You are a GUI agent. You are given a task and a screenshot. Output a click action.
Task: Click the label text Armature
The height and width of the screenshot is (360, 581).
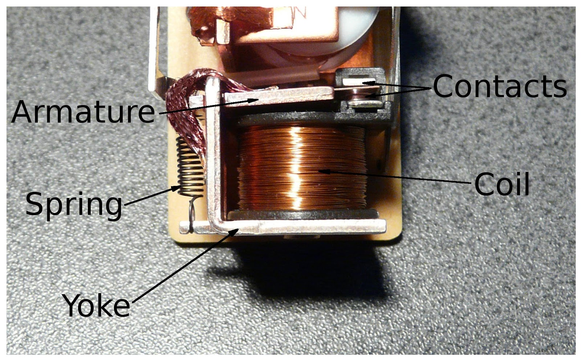point(83,112)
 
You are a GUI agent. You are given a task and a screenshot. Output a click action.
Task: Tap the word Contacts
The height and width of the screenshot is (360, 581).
point(499,86)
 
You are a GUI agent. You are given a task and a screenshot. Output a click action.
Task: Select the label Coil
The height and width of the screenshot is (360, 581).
point(502,184)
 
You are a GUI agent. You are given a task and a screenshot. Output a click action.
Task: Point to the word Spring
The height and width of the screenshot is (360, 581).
point(74,204)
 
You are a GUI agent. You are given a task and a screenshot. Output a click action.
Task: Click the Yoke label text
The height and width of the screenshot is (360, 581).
point(96,306)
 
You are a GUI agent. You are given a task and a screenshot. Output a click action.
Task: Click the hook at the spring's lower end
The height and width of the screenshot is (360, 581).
point(192,214)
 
